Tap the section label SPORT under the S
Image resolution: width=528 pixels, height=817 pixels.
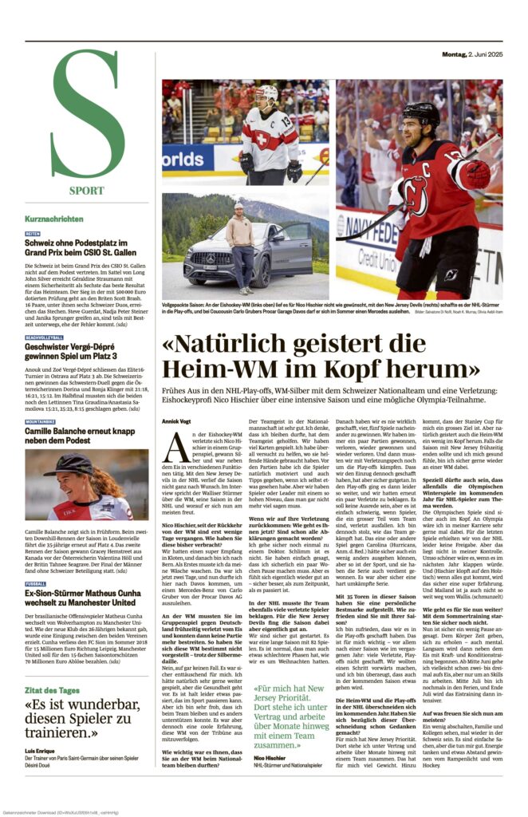click(86, 191)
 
